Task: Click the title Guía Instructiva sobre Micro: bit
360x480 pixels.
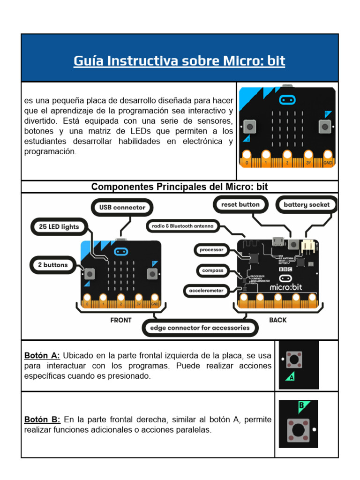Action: coord(179,61)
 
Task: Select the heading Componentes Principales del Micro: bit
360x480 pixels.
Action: coord(180,187)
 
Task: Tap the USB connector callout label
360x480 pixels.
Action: coord(122,207)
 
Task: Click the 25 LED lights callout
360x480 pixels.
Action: coord(55,227)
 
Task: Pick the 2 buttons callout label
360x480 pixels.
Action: coord(52,265)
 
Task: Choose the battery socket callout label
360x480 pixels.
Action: coord(307,204)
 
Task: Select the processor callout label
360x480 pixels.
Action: coord(211,250)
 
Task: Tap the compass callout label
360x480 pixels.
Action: coord(212,270)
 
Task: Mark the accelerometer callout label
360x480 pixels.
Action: coord(206,291)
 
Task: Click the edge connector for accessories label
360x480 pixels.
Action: coord(200,328)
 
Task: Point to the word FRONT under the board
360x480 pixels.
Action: coord(120,320)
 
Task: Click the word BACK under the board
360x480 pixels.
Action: coord(277,320)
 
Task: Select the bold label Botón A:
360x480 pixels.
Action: coord(42,355)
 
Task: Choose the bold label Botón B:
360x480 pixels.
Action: coord(42,420)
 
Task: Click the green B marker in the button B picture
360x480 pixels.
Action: coord(302,405)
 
